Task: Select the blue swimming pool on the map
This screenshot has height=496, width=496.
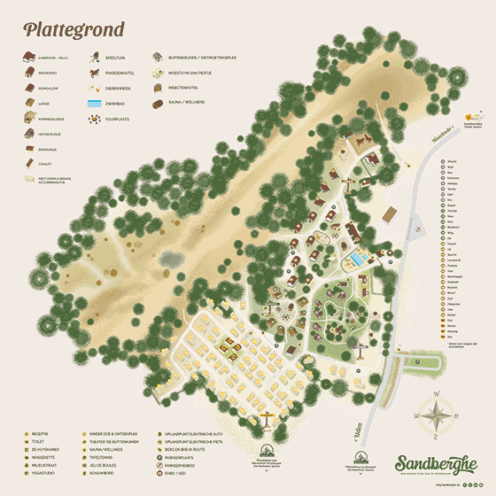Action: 356,258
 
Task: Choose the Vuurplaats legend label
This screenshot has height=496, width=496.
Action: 123,118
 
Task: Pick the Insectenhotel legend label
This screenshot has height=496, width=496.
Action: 187,88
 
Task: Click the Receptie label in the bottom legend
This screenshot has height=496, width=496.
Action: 40,433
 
